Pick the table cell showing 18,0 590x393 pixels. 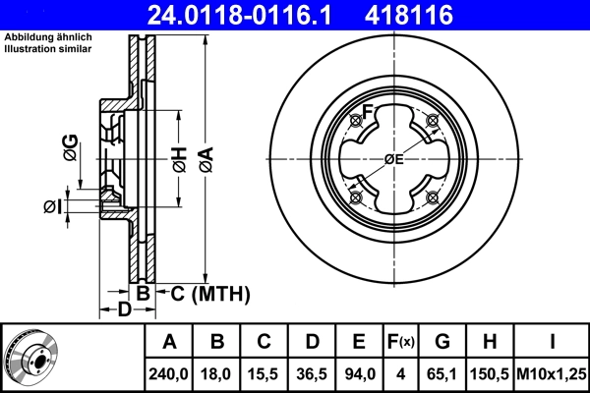tap(218, 374)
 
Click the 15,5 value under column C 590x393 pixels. tap(265, 374)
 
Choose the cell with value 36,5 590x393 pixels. tap(313, 374)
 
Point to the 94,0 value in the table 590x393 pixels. tap(360, 374)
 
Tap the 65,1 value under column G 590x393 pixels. tap(442, 374)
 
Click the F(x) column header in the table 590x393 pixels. tap(401, 343)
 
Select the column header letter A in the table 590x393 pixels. tap(169, 343)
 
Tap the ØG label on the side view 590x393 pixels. tap(70, 150)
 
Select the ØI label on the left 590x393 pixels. tap(53, 205)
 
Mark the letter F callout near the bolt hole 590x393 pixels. tap(369, 110)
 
